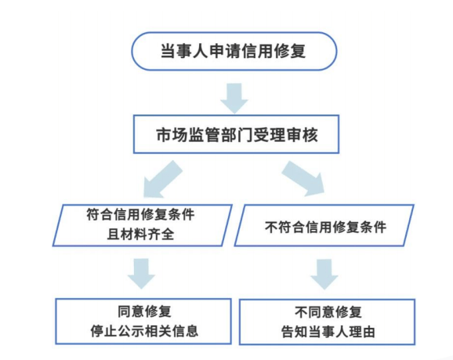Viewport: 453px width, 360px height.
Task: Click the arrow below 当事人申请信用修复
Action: (x=234, y=98)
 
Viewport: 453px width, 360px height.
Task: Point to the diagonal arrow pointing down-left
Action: (x=162, y=180)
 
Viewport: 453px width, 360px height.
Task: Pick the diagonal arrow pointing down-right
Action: (x=303, y=179)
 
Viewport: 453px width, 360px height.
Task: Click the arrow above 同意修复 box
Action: (x=142, y=274)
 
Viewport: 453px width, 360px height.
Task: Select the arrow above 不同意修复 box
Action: (x=324, y=275)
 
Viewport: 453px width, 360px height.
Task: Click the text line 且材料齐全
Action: (x=141, y=235)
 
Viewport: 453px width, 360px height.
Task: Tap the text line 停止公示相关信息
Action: (x=144, y=332)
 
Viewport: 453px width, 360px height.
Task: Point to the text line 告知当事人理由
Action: (x=328, y=332)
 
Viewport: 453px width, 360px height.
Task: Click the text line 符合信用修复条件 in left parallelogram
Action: (x=140, y=215)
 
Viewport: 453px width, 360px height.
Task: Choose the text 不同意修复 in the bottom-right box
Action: (x=328, y=312)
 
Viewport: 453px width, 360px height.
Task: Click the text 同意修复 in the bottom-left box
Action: (x=144, y=311)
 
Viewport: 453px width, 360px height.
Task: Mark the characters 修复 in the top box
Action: (x=290, y=51)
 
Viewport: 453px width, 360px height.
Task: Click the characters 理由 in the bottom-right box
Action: (x=362, y=332)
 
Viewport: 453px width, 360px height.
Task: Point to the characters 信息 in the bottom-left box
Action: (x=185, y=332)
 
